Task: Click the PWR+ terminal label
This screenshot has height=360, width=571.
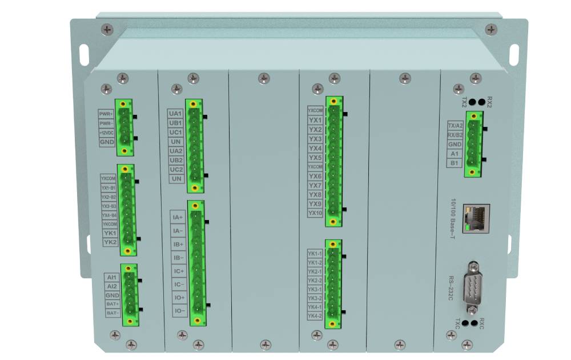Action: click(106, 114)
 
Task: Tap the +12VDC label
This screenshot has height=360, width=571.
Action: click(106, 133)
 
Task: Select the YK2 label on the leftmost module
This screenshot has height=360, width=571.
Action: click(110, 242)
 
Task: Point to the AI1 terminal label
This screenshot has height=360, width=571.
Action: click(112, 277)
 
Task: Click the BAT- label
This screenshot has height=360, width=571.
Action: click(112, 313)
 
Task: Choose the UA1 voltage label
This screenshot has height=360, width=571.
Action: click(175, 114)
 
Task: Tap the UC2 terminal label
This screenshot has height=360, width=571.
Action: click(176, 170)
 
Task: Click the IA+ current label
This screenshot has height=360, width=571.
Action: click(178, 217)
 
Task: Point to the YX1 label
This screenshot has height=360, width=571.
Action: click(315, 120)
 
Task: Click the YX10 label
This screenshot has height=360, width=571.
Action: click(315, 213)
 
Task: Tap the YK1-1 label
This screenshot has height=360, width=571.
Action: click(315, 253)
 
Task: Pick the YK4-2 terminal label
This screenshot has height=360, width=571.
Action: click(315, 316)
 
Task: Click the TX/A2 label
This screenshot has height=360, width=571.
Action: click(455, 126)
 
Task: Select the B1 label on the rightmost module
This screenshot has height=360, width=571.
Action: click(455, 163)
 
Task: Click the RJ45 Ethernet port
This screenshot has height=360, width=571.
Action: click(475, 218)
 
